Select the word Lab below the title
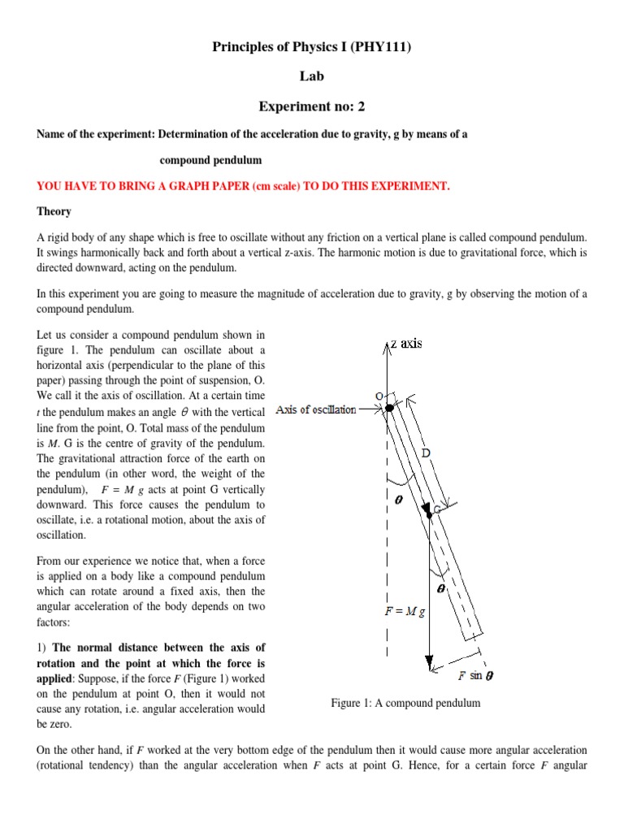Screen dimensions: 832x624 click(312, 77)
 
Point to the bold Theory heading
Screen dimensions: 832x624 click(54, 211)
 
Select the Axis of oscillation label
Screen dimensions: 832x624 click(315, 409)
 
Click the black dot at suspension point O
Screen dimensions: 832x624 click(388, 407)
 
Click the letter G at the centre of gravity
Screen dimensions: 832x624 click(436, 509)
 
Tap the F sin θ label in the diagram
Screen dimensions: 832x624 click(475, 675)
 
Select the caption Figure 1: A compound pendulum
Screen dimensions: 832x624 click(405, 703)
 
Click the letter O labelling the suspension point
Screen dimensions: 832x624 click(378, 395)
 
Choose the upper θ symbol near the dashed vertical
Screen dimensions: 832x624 click(399, 500)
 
